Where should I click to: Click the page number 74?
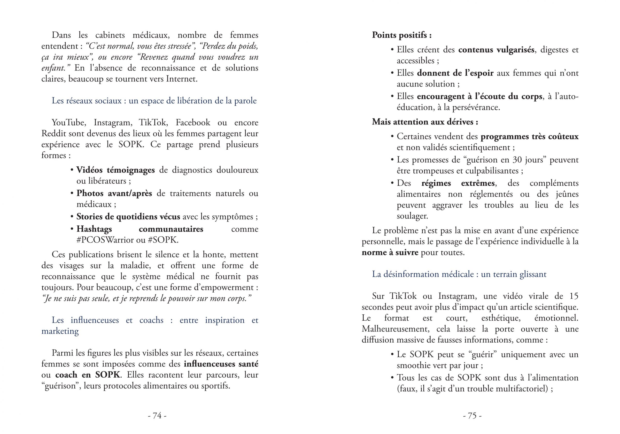157,415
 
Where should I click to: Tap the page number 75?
472,415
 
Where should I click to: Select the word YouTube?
69,123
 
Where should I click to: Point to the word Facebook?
193,123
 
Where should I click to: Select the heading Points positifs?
401,35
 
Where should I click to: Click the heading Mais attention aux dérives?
425,122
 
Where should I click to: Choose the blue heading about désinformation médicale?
459,274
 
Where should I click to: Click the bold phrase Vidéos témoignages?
116,170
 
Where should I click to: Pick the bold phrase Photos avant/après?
114,193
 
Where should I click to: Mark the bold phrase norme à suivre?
390,253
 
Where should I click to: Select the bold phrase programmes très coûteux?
529,137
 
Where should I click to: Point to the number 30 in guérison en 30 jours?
517,160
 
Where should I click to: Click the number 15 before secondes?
573,296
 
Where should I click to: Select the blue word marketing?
60,331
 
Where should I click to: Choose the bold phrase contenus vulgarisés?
496,50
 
